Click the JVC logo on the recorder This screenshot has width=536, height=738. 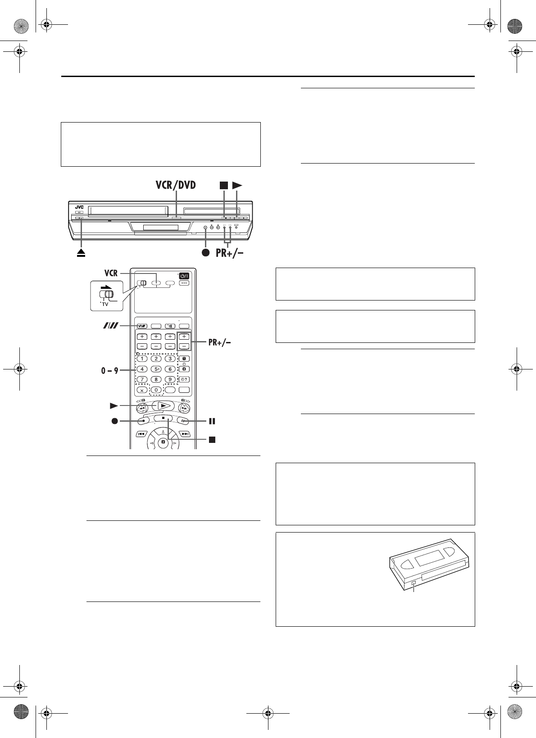click(79, 207)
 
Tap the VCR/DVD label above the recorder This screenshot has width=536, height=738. click(176, 185)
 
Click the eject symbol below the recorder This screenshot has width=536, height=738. click(81, 253)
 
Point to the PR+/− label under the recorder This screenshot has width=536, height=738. click(230, 253)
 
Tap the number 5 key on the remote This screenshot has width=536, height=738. click(156, 369)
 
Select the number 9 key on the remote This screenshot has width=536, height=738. click(170, 379)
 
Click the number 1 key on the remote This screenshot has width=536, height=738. click(142, 359)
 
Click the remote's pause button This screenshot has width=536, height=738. click(183, 421)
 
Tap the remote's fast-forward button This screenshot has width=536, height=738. click(184, 409)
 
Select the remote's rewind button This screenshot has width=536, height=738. click(142, 409)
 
